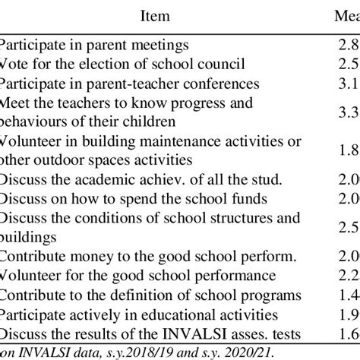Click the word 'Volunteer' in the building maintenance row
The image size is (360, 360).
click(30, 142)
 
